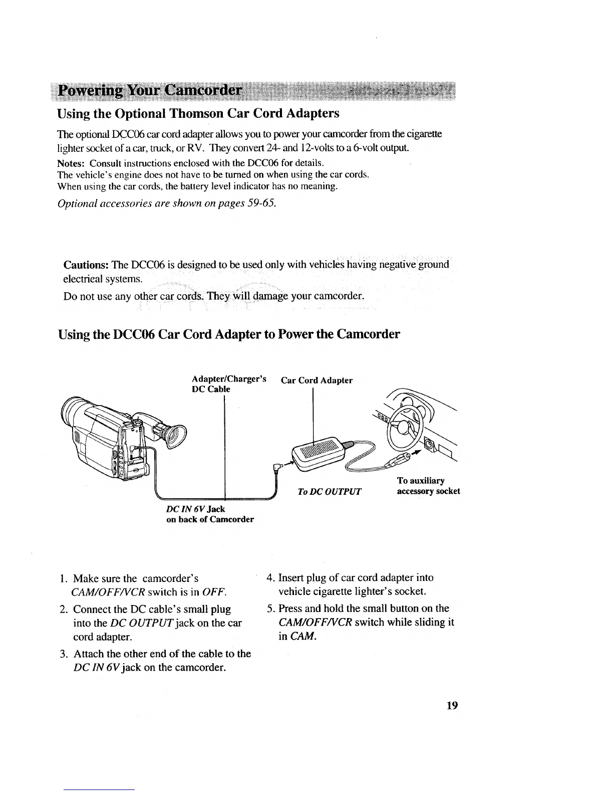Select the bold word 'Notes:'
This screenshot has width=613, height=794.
click(72, 163)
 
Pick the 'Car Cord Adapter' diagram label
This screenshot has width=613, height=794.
click(317, 380)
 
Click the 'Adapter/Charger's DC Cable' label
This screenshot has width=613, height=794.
click(228, 384)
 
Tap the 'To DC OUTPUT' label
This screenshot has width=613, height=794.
click(329, 491)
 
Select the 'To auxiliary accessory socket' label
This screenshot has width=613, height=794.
click(428, 486)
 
